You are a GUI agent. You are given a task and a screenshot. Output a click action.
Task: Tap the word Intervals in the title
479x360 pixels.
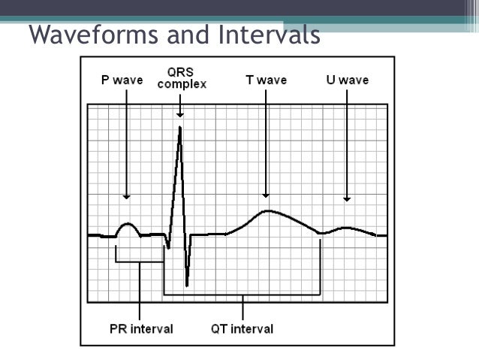258,35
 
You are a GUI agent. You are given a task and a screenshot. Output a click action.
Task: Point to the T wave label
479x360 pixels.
267,80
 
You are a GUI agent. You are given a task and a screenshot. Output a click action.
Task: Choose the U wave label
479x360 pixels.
347,80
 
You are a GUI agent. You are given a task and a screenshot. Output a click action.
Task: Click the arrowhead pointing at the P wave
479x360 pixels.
127,196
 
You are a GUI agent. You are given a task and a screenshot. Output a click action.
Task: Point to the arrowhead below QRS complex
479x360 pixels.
180,114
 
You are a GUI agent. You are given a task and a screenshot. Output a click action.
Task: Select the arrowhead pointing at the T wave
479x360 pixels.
267,196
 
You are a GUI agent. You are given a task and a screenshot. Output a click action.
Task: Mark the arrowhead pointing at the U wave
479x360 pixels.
347,198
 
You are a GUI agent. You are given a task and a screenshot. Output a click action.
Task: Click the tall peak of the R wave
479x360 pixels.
180,128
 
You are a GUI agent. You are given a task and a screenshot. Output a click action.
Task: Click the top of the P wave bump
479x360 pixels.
127,223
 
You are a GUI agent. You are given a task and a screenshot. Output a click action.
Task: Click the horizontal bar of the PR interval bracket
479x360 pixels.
140,262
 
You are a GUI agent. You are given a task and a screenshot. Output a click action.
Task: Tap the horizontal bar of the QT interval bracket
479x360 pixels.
243,294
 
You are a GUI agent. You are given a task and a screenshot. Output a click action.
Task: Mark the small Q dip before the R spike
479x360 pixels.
169,247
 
